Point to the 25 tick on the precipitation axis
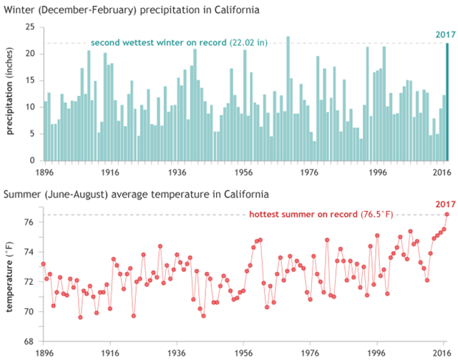[29, 26]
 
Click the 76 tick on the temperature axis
[29, 222]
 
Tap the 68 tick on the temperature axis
[29, 341]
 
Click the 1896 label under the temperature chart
[44, 353]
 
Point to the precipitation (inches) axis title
[11, 93]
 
